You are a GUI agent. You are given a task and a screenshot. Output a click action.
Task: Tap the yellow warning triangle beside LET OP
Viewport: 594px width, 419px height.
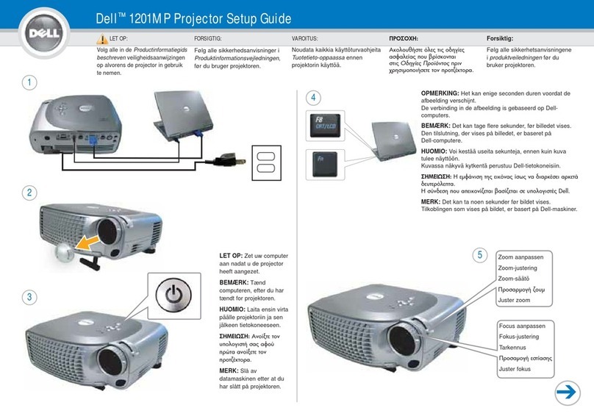[x=101, y=38]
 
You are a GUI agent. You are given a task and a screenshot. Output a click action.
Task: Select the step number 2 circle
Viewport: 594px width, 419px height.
[x=29, y=193]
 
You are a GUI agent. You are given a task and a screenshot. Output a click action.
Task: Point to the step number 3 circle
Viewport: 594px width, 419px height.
[x=29, y=297]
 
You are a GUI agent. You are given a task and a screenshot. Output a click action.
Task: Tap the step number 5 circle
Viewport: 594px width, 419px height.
[x=479, y=256]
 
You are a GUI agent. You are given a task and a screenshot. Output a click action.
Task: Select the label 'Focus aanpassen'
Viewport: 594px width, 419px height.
[x=521, y=326]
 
